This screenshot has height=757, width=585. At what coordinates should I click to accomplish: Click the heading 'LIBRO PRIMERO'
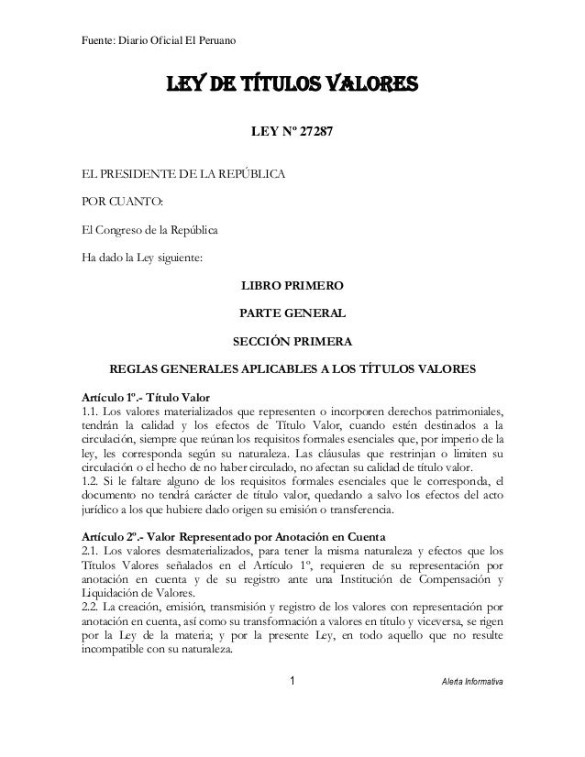pyautogui.click(x=292, y=288)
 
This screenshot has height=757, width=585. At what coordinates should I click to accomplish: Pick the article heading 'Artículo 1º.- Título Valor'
pyautogui.click(x=147, y=397)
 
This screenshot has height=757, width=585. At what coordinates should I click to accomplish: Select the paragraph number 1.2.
pyautogui.click(x=90, y=479)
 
